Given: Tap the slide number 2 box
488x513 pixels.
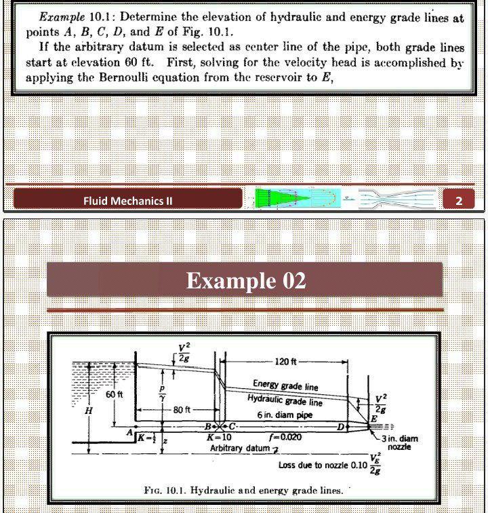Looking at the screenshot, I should coord(459,199).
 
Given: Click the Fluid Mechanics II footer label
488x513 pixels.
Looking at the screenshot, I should coord(128,200).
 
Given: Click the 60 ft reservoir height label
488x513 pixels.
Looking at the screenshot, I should coord(115,395).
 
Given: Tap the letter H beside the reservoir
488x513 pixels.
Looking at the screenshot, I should coord(87,411).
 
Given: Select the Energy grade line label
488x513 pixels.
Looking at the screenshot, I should coord(285,386).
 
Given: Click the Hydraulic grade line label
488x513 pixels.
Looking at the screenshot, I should coord(285,400).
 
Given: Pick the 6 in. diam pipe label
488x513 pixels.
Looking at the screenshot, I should coord(284,415).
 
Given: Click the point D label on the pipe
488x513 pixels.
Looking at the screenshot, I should coord(341,426).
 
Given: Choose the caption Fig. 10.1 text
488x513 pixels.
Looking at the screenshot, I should coord(243,490).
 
